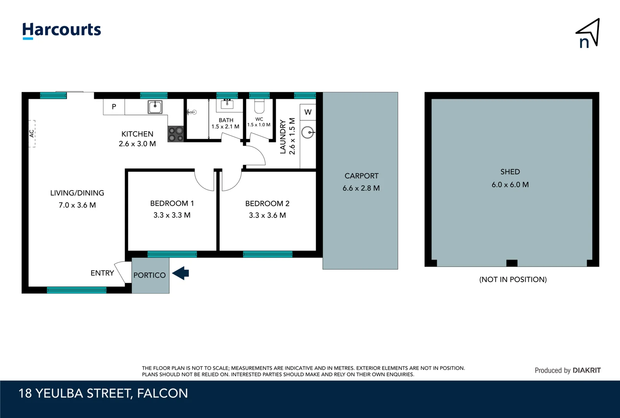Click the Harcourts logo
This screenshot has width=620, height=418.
[61, 30]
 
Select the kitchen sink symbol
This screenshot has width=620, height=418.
[155, 107]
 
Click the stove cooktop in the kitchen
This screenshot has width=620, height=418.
[176, 134]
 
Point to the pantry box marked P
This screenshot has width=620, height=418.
[114, 107]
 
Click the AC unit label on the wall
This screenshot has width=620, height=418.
[32, 134]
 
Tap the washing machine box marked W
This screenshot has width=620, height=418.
[308, 112]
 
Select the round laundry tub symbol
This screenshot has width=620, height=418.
[308, 132]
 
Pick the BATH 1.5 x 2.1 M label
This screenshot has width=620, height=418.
[225, 123]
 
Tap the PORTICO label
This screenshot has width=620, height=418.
[150, 275]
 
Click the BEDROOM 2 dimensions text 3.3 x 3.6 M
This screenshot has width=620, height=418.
[267, 216]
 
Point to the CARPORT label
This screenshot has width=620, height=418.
[361, 176]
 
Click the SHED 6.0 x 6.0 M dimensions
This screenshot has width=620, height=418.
[510, 185]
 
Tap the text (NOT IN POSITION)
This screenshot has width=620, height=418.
[513, 279]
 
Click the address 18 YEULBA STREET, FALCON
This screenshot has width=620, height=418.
[103, 393]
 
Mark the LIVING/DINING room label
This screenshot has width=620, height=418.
[77, 193]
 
